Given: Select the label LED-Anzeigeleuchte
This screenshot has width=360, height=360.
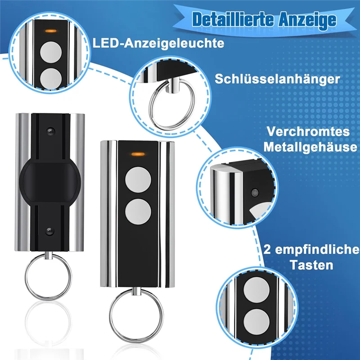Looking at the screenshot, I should click(x=158, y=44).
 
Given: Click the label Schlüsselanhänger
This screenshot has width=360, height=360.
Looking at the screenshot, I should click(x=277, y=79).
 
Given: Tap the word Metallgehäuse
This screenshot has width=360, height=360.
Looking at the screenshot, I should click(x=310, y=147).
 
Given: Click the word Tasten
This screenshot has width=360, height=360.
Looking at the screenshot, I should click(x=310, y=265).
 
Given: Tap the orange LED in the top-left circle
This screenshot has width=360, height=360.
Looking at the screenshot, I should click(x=50, y=31).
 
